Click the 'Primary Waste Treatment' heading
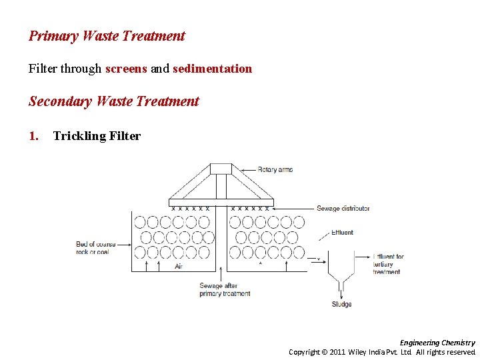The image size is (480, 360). [107, 36]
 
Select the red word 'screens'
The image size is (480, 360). [126, 68]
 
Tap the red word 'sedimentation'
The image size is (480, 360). [212, 68]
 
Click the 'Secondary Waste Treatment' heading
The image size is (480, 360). [113, 101]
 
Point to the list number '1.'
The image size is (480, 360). [34, 136]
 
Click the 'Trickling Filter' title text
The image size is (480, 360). [97, 136]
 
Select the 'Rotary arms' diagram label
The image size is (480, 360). [275, 169]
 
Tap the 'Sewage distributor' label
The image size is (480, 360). [343, 208]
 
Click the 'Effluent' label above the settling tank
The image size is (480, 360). [342, 233]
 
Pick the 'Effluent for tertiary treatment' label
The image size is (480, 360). [388, 264]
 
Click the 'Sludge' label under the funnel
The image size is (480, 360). [341, 305]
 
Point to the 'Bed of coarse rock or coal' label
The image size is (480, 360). [95, 248]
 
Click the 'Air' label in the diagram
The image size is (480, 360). [179, 266]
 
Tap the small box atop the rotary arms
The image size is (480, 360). [221, 169]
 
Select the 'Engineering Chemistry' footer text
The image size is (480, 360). [437, 343]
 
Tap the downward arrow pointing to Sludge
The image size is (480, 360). [342, 291]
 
